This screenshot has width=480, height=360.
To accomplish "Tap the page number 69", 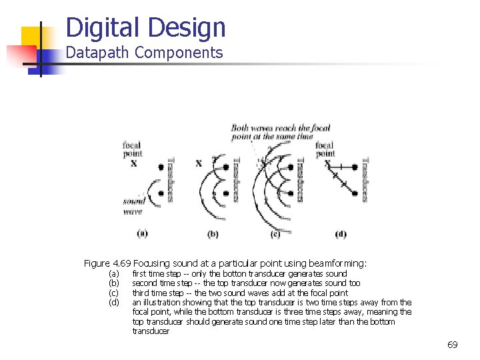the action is coord(452,345).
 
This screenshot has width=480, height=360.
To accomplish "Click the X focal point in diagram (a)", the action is coord(133,163).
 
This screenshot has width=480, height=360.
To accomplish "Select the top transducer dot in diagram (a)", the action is coord(161,167).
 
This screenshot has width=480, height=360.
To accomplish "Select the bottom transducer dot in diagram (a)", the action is coord(161,193).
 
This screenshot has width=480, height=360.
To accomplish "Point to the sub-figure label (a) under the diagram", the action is coord(142,233).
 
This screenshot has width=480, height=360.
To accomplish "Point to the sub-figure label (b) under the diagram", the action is coord(213,233).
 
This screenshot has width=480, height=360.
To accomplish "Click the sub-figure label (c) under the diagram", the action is coord(275,233).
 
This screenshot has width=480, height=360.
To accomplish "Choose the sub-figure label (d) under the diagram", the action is coord(341,233).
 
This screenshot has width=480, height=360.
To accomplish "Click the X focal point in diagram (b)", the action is coord(198,163).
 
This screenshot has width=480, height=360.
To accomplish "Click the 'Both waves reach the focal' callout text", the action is coord(271,127).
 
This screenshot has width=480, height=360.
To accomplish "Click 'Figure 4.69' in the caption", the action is coord(107,263).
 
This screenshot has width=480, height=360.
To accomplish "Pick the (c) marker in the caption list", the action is coord(114,293).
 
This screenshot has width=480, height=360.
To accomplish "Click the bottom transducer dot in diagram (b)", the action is coord(226,193).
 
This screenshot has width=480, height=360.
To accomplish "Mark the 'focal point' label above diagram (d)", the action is coord(325,149).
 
